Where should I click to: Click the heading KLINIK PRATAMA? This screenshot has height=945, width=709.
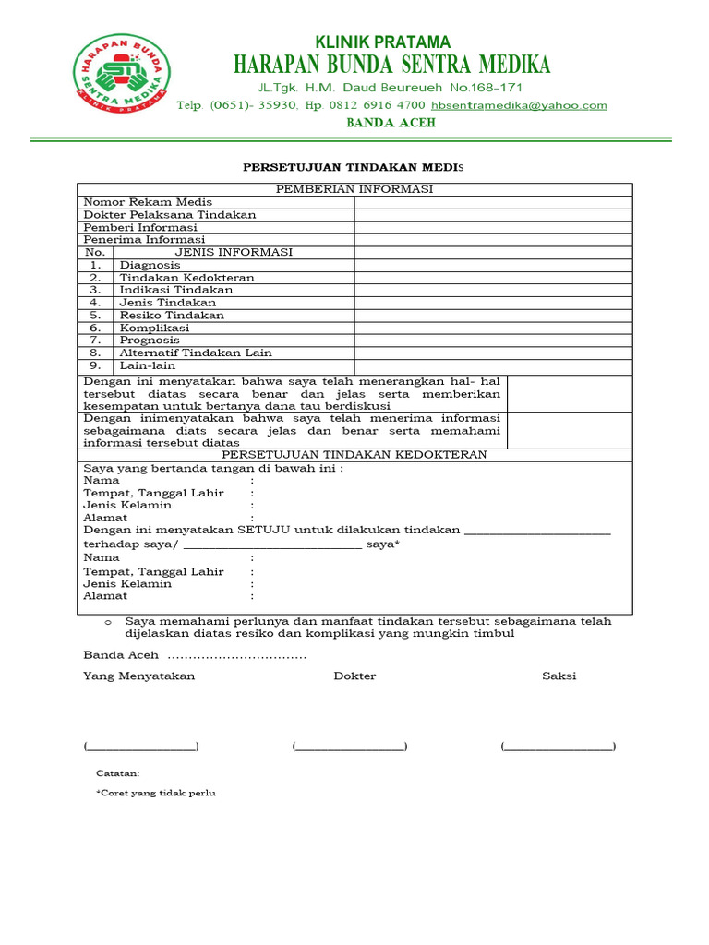coord(383,42)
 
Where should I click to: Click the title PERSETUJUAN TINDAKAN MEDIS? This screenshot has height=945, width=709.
coord(354,167)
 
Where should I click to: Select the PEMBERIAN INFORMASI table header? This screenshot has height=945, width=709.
coord(354,189)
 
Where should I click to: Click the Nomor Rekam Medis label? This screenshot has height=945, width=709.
coord(148,202)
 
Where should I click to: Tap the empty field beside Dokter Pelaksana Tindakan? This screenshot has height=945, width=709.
coord(493,215)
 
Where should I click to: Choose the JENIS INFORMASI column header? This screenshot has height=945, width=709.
coord(234,252)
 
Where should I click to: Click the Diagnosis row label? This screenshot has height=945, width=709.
coord(150,265)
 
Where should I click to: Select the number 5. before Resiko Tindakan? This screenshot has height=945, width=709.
coord(95,315)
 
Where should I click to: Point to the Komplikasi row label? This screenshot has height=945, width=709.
coord(154,328)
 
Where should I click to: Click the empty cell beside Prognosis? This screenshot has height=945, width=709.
coord(493,340)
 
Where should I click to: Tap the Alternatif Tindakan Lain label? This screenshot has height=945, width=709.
coord(196,353)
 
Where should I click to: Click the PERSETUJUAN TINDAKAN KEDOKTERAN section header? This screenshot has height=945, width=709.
coord(354,455)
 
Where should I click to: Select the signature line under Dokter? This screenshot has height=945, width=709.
coord(350,746)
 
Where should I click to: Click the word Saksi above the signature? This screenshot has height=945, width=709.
coord(559,676)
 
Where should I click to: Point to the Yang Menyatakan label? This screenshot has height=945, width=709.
coord(139,676)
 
